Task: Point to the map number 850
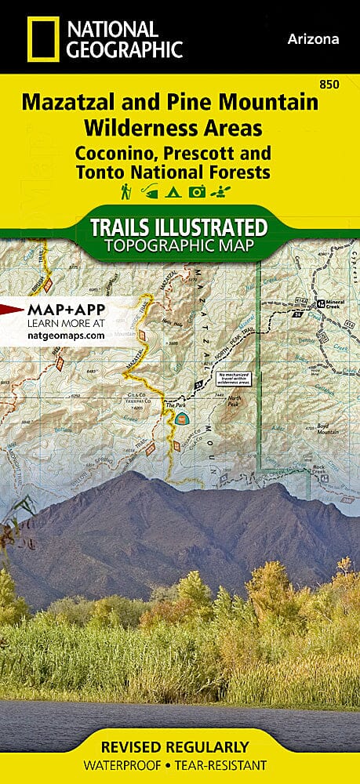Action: point(341,85)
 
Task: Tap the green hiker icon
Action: point(125,192)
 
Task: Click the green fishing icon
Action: point(148,192)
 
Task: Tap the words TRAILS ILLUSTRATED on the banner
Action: point(180,228)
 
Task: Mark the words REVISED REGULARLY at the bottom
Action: point(180,746)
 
